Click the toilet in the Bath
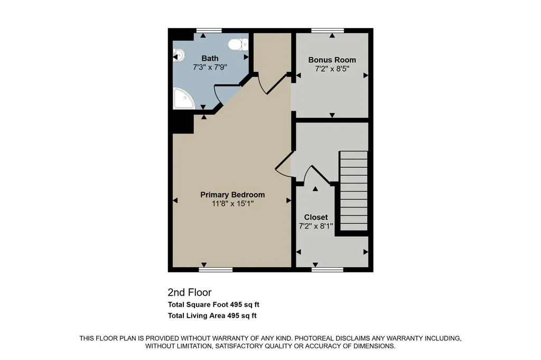(x=238, y=44)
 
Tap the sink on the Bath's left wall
(x=179, y=55)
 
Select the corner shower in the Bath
(x=183, y=98)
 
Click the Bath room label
(x=210, y=58)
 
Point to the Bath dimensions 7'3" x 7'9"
(x=210, y=67)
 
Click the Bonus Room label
(x=332, y=60)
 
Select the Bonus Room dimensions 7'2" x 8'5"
(x=332, y=69)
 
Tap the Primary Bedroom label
(x=232, y=194)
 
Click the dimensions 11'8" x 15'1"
(x=232, y=203)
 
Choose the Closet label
(x=316, y=217)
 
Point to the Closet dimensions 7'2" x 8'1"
(x=316, y=226)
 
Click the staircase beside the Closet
(x=353, y=191)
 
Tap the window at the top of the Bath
(x=209, y=30)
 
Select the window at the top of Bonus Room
(x=328, y=30)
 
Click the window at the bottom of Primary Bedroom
(x=216, y=270)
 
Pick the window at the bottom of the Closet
(x=328, y=270)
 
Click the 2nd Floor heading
(x=190, y=292)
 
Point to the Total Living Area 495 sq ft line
(x=212, y=316)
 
